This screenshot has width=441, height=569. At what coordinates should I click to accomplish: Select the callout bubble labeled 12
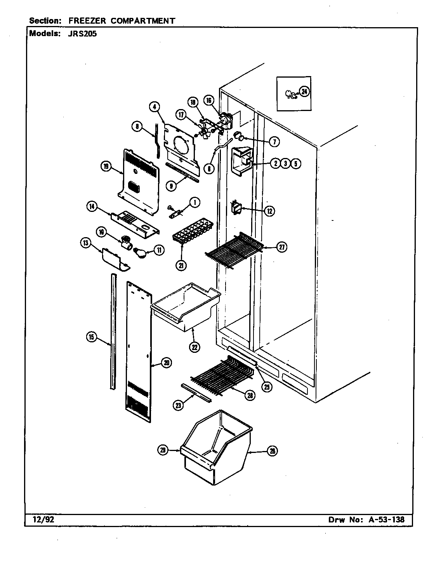[269, 211]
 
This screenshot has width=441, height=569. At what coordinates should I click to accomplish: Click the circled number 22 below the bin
[194, 347]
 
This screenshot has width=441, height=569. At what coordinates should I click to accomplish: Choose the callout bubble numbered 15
[91, 337]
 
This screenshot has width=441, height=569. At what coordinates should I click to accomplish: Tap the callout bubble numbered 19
[105, 167]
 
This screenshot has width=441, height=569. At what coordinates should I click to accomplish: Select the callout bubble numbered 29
[163, 450]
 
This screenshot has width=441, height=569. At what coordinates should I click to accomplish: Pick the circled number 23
[179, 405]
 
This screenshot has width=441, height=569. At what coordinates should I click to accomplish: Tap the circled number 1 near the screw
[194, 202]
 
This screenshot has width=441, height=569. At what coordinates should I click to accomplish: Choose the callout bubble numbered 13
[85, 243]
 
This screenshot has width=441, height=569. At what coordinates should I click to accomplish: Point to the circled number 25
[266, 387]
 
